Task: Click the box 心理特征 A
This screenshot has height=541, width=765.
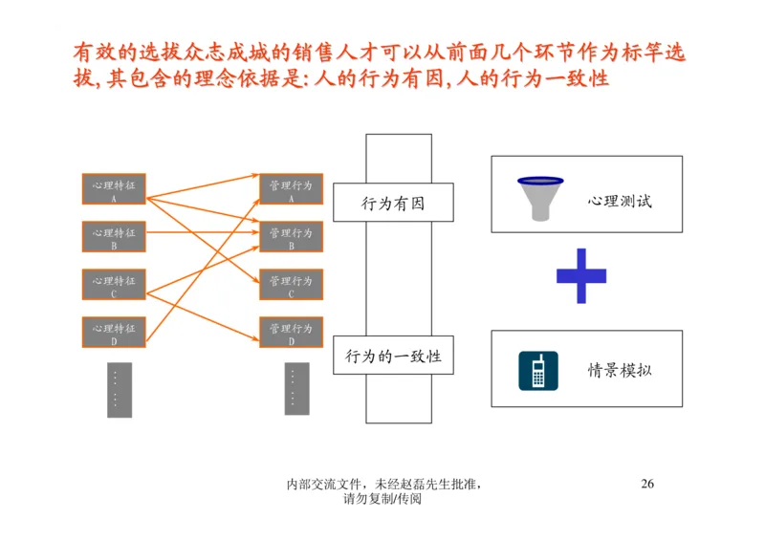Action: pyautogui.click(x=114, y=189)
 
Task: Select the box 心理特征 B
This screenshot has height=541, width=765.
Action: pyautogui.click(x=114, y=237)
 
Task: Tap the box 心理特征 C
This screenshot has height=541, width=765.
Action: pyautogui.click(x=114, y=285)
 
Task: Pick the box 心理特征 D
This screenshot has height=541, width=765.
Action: pyautogui.click(x=114, y=332)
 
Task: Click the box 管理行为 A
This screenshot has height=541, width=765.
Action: pyautogui.click(x=291, y=189)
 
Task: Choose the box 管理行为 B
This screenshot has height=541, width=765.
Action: pyautogui.click(x=291, y=237)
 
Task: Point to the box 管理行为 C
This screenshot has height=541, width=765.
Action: pyautogui.click(x=291, y=285)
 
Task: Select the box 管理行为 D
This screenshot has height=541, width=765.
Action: pyautogui.click(x=291, y=332)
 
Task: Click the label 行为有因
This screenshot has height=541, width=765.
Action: pyautogui.click(x=392, y=203)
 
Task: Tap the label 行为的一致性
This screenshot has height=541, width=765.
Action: pyautogui.click(x=393, y=357)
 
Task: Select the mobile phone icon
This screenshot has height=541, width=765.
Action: pyautogui.click(x=538, y=371)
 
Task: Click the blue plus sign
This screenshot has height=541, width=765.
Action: pyautogui.click(x=581, y=276)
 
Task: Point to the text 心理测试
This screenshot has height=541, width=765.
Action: pyautogui.click(x=620, y=201)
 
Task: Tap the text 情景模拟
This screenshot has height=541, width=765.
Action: pyautogui.click(x=620, y=370)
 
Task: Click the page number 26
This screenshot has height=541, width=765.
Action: pyautogui.click(x=647, y=484)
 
